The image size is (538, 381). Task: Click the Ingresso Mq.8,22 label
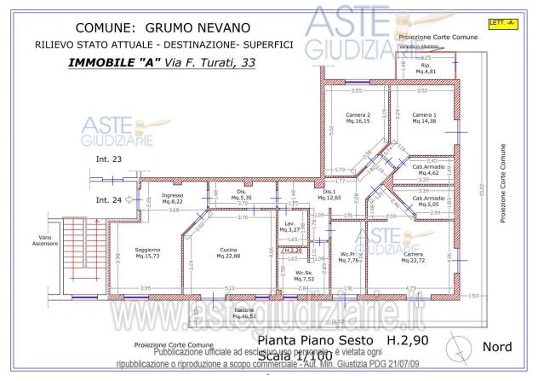[172, 199]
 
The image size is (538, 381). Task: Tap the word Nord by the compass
[496, 347]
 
